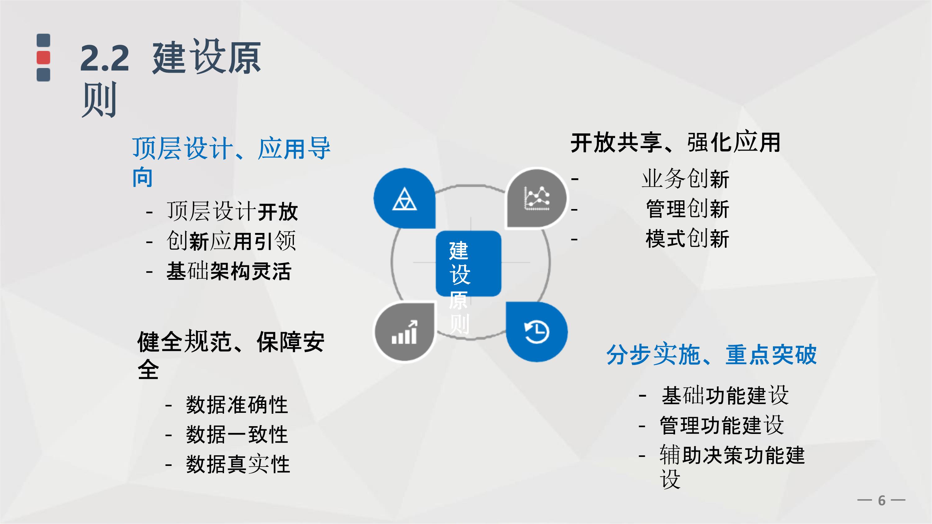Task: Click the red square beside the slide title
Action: (43, 58)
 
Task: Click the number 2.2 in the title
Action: (105, 58)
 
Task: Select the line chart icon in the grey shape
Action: (537, 198)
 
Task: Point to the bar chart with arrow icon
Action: (404, 332)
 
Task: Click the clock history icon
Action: (537, 332)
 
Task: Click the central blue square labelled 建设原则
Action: (468, 263)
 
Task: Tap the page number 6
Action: (882, 500)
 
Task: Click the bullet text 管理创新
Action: (687, 209)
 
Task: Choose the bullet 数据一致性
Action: (237, 434)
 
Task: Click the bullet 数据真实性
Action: (238, 464)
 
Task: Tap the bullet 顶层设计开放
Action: (232, 211)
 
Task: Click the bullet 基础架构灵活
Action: (229, 271)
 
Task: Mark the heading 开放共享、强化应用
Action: (675, 143)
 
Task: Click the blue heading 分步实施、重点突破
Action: (711, 354)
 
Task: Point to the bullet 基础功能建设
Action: (725, 395)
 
